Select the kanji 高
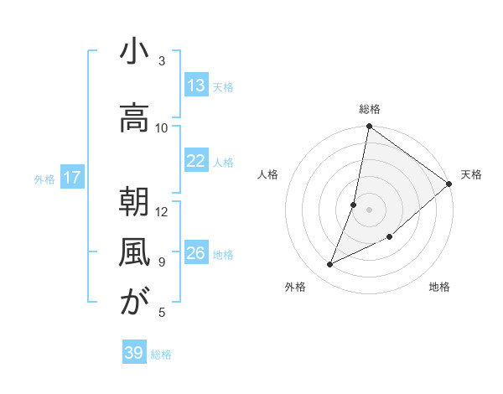click(x=133, y=120)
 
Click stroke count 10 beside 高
click(x=162, y=128)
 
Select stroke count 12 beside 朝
click(x=162, y=211)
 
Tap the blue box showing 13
click(x=196, y=86)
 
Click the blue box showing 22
click(x=196, y=162)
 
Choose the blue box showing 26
click(x=196, y=253)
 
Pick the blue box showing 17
click(x=72, y=178)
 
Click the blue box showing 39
click(x=134, y=353)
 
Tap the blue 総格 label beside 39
click(x=161, y=355)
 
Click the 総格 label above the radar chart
click(x=370, y=109)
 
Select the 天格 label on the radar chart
click(x=471, y=174)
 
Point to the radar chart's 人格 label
click(x=268, y=174)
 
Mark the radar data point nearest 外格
click(x=330, y=265)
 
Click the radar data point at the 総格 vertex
click(x=369, y=127)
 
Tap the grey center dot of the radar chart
click(x=369, y=210)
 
